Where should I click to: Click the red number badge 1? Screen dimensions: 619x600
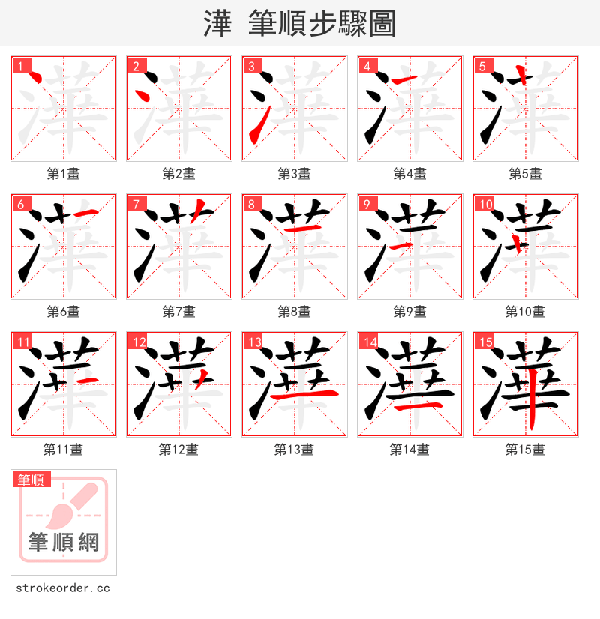tap(20, 66)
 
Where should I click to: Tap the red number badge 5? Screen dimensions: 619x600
tap(482, 66)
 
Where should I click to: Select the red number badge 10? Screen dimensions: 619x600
tap(484, 204)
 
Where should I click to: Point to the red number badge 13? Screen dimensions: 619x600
tap(253, 342)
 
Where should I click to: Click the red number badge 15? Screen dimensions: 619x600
tap(484, 342)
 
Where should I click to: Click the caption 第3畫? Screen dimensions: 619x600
tap(294, 174)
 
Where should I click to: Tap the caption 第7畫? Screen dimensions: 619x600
tap(178, 312)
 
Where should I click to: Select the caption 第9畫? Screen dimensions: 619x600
tap(409, 312)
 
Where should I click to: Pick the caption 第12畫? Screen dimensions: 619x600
tap(178, 450)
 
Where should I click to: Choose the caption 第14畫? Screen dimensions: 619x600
tap(409, 450)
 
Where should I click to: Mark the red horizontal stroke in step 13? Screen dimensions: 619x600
tap(304, 394)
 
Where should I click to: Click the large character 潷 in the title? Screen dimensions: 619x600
tap(217, 24)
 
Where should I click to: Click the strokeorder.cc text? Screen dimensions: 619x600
tap(62, 588)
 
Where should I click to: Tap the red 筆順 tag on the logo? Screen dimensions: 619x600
tap(31, 480)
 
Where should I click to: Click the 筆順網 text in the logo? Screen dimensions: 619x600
tap(64, 541)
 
